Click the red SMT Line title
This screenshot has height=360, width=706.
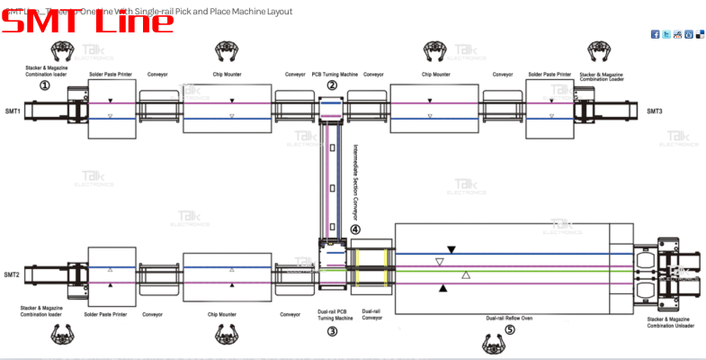coord(87,22)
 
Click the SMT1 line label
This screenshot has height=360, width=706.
coord(12,111)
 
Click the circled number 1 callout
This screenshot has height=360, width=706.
coord(44,85)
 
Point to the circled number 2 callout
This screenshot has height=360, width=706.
coord(332,85)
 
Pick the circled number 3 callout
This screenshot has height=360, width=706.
coord(332,331)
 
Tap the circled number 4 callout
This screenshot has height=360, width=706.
coord(355,229)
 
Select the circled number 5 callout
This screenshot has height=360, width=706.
coord(510,329)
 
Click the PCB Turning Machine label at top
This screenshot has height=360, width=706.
coord(335,74)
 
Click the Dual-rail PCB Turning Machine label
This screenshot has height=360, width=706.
coord(334,315)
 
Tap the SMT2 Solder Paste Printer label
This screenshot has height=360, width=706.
coord(112,314)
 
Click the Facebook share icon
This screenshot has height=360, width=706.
coord(655,34)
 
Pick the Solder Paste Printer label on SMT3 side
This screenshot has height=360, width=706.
coord(550,74)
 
